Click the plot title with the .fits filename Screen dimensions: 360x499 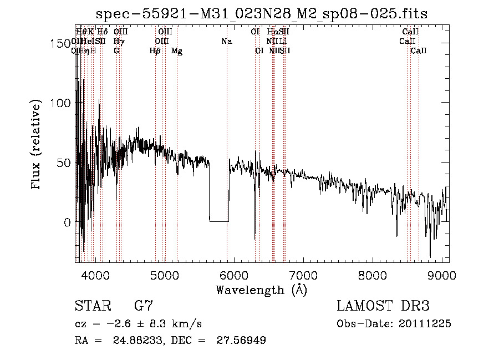click(262, 14)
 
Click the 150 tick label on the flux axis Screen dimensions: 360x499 click(62, 43)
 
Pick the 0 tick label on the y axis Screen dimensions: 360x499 click(68, 222)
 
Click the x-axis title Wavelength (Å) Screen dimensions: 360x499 click(261, 290)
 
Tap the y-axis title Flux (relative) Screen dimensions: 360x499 click(37, 146)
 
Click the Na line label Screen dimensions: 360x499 click(226, 41)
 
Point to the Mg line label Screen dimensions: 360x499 click(177, 51)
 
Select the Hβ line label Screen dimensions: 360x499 click(155, 51)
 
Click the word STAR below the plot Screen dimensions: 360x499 click(92, 306)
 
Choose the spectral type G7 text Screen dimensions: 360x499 click(143, 306)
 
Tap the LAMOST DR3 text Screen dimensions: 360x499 click(383, 306)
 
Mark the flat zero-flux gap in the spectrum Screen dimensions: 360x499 click(218, 221)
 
